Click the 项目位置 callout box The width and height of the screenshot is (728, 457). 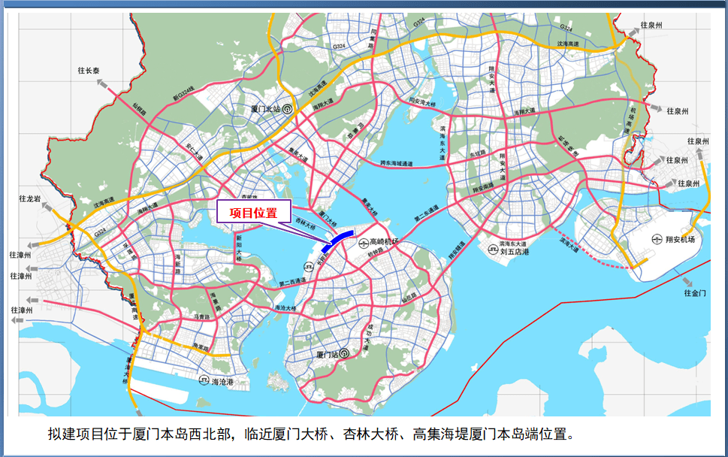[252, 213]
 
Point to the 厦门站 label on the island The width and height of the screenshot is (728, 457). [330, 353]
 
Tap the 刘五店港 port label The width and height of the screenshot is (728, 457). [515, 253]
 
